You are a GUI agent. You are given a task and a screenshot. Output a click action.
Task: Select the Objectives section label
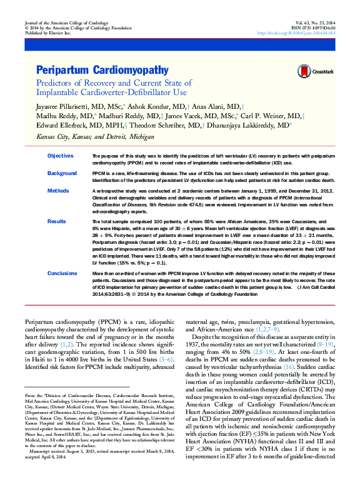61,155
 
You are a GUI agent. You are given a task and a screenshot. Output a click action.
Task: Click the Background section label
62,173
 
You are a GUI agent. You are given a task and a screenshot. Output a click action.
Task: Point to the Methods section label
59,190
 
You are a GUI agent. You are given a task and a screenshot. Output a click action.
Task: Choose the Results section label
57,221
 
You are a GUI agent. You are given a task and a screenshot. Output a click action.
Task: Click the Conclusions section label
63,273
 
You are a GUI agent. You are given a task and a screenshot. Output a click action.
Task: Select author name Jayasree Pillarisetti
64,107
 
